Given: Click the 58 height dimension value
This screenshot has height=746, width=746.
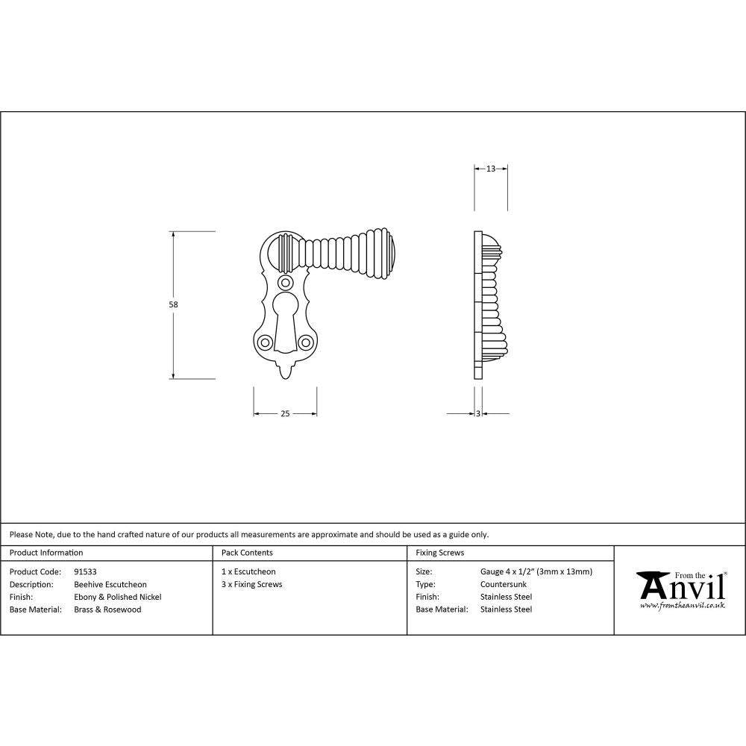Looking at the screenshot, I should click(x=174, y=304).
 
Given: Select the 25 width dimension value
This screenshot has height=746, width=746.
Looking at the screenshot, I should click(x=285, y=414).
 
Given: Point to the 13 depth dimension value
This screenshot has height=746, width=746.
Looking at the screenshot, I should click(x=491, y=169).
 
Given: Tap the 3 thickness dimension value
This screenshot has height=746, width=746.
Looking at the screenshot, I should click(x=477, y=414).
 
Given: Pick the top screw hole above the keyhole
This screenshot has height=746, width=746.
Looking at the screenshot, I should click(x=285, y=283).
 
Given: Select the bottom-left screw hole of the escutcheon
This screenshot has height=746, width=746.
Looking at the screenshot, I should click(x=265, y=342).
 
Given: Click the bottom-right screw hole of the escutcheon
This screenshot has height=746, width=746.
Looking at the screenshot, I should click(x=305, y=342).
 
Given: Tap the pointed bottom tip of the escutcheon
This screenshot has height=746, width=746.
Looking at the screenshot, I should click(x=285, y=373).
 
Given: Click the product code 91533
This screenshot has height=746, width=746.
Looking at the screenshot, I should click(x=85, y=572).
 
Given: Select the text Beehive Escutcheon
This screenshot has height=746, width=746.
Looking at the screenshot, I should click(x=110, y=584).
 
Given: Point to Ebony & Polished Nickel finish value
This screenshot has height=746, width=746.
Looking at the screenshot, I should click(x=117, y=597).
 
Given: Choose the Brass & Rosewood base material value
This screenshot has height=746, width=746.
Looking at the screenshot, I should click(x=107, y=609).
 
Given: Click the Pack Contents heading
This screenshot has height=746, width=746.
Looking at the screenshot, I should click(x=247, y=553).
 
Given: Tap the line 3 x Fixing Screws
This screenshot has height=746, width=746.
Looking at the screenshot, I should click(x=252, y=584).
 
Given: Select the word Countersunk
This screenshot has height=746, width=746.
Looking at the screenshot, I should click(x=503, y=584).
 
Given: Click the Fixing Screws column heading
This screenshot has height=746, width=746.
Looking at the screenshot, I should click(x=439, y=553).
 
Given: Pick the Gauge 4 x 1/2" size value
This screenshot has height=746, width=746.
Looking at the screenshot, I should click(x=536, y=572).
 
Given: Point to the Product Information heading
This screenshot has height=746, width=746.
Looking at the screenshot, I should click(x=46, y=553).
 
